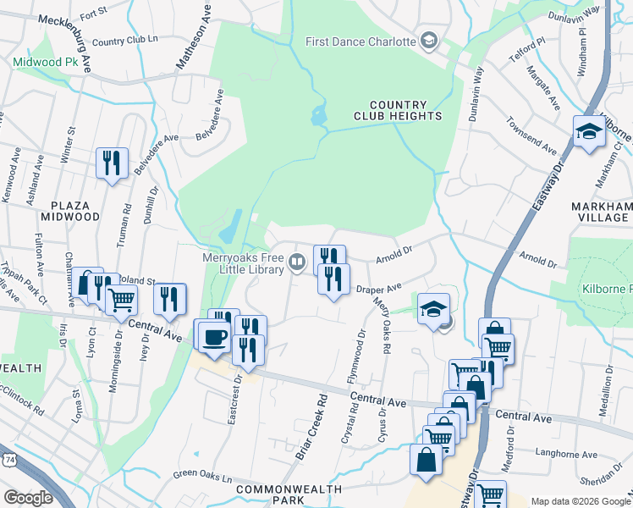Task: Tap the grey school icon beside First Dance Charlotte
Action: coord(429,41)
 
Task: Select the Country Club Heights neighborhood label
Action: coord(405,110)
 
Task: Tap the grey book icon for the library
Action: coord(297,262)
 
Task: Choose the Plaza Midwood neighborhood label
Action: coord(76,211)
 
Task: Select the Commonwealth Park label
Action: coord(289,495)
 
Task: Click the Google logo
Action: coord(27,497)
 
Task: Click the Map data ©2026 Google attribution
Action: coord(580,501)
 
